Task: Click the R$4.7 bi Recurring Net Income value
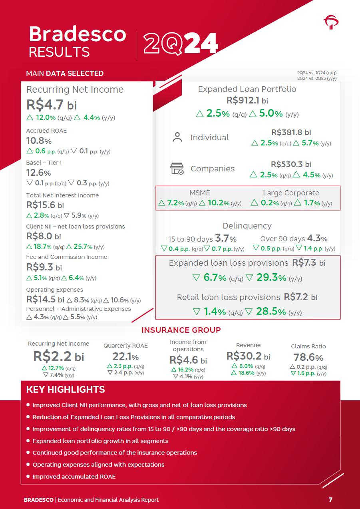point(52,105)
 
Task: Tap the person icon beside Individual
point(177,137)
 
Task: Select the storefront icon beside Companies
point(177,169)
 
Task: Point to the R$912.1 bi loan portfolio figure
point(247,100)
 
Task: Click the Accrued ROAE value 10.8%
point(39,141)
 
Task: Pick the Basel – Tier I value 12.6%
point(38,173)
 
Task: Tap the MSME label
point(199,193)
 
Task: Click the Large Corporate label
point(291,193)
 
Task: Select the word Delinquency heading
point(247,226)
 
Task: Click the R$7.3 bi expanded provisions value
point(309,262)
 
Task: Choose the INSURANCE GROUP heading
point(181,330)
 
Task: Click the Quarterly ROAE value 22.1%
point(125,356)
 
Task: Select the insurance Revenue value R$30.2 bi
point(248,356)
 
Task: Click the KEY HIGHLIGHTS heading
point(66,390)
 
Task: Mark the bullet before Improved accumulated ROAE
point(28,476)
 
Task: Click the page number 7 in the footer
point(330,499)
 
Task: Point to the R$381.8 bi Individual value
point(291,132)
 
